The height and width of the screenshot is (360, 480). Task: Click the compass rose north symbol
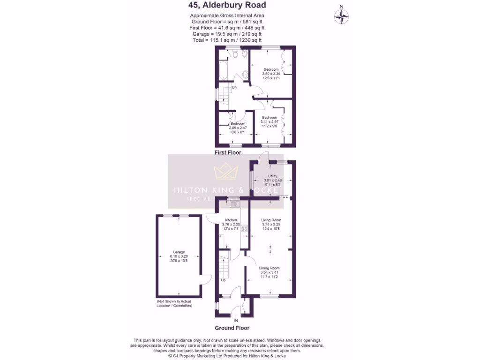pyautogui.click(x=342, y=17)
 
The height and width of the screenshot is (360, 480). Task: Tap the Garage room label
pyautogui.click(x=179, y=252)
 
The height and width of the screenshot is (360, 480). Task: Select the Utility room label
pyautogui.click(x=272, y=175)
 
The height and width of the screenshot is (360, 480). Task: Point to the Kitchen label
pyautogui.click(x=231, y=220)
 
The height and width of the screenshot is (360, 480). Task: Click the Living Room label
pyautogui.click(x=271, y=220)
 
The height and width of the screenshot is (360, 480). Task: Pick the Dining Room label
pyautogui.click(x=269, y=268)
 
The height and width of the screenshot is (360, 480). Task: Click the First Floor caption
pyautogui.click(x=228, y=153)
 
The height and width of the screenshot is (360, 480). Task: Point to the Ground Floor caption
pyautogui.click(x=232, y=328)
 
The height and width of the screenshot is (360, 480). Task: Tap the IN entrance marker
pyautogui.click(x=236, y=321)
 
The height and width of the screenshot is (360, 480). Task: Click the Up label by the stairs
pyautogui.click(x=223, y=280)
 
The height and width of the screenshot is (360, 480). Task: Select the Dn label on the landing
pyautogui.click(x=234, y=87)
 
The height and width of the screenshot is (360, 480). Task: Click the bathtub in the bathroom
pyautogui.click(x=223, y=72)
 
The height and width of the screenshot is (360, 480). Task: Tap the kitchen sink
pyautogui.click(x=233, y=203)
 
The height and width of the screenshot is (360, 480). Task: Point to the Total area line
pyautogui.click(x=227, y=40)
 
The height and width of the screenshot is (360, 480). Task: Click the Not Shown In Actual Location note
pyautogui.click(x=174, y=303)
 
